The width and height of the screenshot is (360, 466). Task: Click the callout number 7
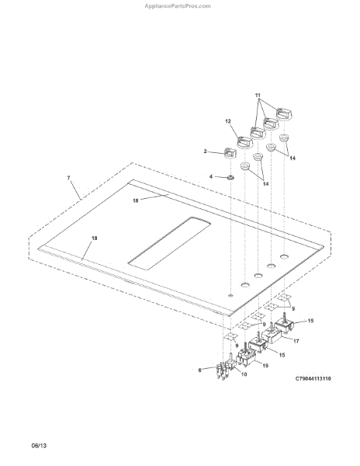coord(68,178)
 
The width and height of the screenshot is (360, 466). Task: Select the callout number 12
coord(228,121)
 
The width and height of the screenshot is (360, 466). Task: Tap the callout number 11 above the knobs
coord(258,96)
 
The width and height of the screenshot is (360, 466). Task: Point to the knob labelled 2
coord(230,152)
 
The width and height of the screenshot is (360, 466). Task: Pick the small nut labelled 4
coord(230,178)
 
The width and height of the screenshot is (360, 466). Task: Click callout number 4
coord(211,176)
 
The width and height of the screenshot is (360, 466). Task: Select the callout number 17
coord(296,341)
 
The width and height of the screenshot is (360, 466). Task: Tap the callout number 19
coord(265,365)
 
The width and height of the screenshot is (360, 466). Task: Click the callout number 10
coord(244,374)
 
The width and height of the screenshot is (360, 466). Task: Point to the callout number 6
coord(199,370)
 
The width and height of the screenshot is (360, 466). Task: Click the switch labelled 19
coord(245,356)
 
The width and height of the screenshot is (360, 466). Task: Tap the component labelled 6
coord(223,371)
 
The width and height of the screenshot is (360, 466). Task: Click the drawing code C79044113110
coord(313,379)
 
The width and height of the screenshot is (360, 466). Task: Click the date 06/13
coord(39,446)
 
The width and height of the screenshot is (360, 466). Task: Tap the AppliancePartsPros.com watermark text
coord(178,6)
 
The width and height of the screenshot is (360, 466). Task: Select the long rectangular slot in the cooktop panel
coord(169,243)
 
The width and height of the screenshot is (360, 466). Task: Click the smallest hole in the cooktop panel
coord(230,295)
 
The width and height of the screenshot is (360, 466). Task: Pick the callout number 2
coord(205,151)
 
